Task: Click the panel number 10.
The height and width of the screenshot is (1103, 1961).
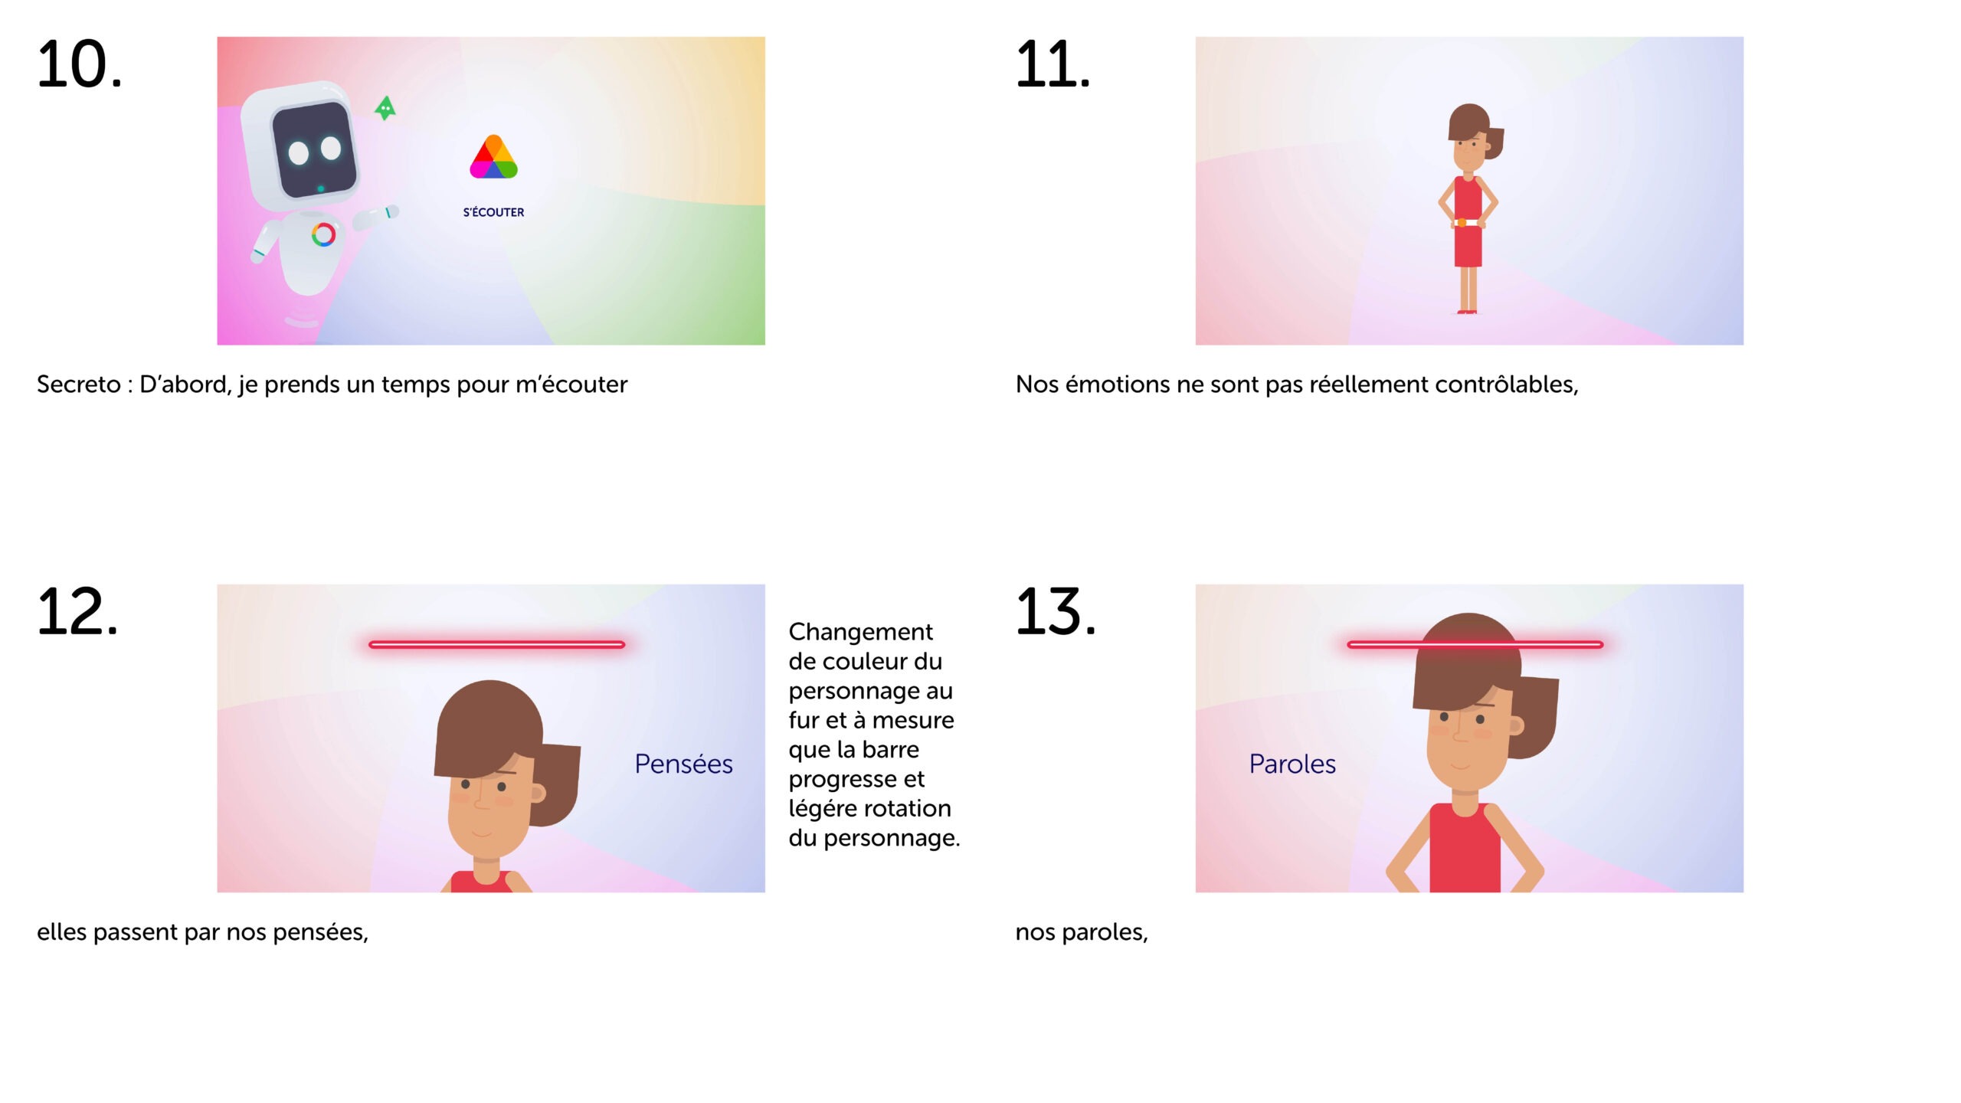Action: [79, 64]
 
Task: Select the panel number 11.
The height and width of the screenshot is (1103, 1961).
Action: [1053, 64]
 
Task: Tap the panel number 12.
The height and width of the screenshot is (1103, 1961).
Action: [77, 612]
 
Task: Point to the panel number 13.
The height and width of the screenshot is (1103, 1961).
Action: [1056, 612]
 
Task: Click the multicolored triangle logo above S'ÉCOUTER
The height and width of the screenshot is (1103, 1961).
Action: [493, 157]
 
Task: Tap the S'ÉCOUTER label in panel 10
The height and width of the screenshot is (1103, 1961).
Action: [493, 212]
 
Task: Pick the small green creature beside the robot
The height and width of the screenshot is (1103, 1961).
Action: [385, 108]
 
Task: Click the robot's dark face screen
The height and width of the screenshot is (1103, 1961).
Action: [315, 149]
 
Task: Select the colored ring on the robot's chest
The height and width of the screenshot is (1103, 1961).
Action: [323, 234]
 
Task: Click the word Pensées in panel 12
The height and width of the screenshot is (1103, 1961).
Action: [683, 764]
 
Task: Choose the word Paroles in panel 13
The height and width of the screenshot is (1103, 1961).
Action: [1292, 764]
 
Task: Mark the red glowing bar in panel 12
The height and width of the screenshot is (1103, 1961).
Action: [497, 645]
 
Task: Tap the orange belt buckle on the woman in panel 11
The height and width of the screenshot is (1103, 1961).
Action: [1462, 223]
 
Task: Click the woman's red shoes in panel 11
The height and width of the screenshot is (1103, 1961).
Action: [1466, 311]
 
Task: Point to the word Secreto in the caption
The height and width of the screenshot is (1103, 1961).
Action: [78, 385]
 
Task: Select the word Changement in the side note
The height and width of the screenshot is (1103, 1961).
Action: [860, 633]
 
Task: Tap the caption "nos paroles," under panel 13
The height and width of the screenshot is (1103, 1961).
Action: [1082, 932]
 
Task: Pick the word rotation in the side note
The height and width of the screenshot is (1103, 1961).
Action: [902, 809]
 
